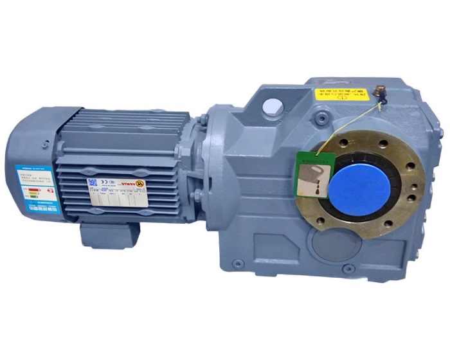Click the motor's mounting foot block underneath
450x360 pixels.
tap(109, 235)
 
